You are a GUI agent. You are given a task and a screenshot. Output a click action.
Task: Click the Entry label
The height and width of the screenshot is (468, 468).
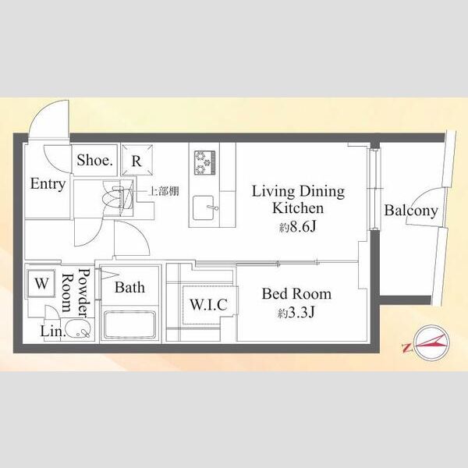(48, 184)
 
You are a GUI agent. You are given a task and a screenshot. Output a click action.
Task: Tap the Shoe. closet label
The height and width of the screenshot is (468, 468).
(95, 160)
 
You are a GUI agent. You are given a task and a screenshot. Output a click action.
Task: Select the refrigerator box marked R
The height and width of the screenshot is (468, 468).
(136, 160)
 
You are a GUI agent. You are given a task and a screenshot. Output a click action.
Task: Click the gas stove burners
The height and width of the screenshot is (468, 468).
(204, 163)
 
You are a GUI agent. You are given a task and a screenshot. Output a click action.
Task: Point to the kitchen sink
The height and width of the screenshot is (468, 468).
(204, 207)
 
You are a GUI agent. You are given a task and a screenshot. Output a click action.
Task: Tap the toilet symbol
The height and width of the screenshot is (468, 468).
(117, 198)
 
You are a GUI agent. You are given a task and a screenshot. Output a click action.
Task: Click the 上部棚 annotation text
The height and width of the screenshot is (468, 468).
(164, 191)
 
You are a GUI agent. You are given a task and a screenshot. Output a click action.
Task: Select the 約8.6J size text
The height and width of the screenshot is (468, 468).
(298, 228)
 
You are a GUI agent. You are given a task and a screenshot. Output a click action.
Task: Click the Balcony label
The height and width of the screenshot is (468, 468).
(411, 211)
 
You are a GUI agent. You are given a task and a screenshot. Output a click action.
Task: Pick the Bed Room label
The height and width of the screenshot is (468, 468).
(296, 294)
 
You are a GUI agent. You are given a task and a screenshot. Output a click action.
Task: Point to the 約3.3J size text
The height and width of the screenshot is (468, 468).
(296, 313)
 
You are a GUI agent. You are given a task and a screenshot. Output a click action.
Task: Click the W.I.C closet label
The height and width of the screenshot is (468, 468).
(208, 304)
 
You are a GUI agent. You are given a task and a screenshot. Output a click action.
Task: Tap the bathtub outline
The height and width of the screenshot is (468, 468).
(130, 325)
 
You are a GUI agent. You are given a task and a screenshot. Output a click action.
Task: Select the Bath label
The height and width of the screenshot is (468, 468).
(129, 287)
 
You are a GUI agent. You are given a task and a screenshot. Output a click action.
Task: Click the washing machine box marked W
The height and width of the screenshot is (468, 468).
(41, 284)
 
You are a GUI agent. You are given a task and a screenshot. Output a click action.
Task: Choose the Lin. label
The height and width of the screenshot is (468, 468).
(53, 331)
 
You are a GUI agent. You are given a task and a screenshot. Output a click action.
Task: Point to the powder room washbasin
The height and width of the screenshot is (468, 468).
(77, 329)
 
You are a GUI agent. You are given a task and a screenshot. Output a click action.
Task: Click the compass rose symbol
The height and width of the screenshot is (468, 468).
(431, 343)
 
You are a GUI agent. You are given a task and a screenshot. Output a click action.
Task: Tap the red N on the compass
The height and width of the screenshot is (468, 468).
(406, 348)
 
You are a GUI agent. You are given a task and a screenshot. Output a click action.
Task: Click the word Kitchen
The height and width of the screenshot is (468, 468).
(298, 208)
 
